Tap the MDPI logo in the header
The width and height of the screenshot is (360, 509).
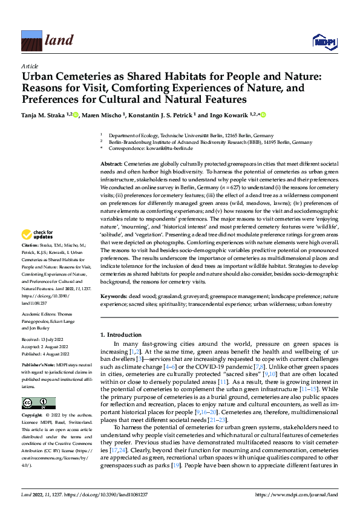tap(322, 42)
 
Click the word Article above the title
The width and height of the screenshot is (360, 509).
tap(30, 66)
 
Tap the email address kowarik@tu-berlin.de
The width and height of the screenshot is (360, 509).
tap(169, 148)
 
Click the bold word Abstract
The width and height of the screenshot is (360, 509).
tap(111, 164)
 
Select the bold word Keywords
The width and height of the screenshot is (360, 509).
tap(113, 297)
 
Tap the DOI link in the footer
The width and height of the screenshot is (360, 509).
tap(114, 495)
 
